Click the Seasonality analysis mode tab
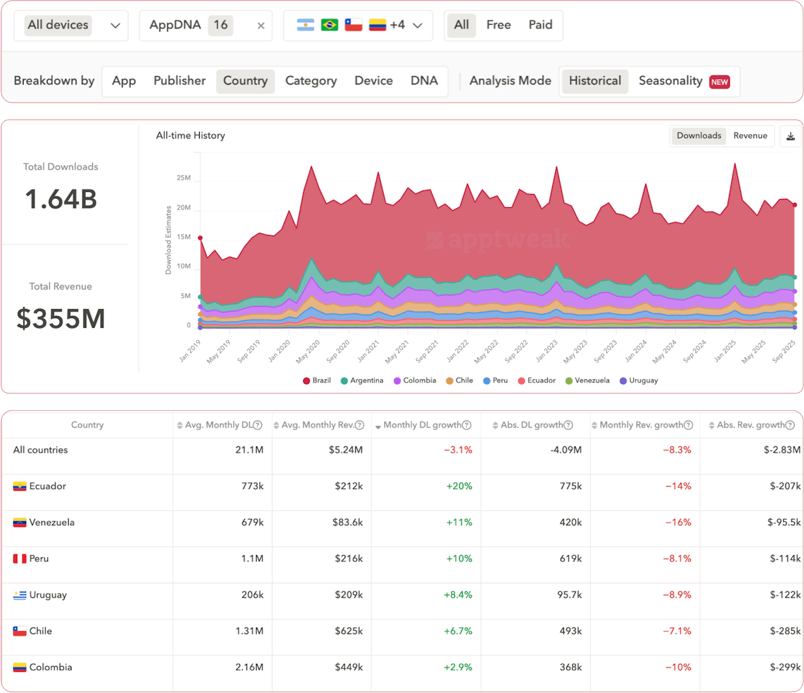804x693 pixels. (670, 81)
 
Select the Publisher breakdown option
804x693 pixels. (180, 81)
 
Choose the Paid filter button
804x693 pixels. (540, 25)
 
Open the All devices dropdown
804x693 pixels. (72, 26)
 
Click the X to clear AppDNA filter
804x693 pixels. (261, 26)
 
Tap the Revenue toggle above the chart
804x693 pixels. (750, 136)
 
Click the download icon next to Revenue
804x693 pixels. (790, 137)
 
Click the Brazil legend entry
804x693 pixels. (317, 380)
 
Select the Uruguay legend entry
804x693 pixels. (639, 380)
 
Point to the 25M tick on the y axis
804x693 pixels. (183, 178)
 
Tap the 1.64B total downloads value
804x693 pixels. (60, 199)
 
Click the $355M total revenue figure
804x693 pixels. (60, 318)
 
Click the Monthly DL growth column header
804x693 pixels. (424, 426)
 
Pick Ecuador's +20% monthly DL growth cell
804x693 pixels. (459, 486)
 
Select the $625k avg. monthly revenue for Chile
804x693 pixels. (347, 631)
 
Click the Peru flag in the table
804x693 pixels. (19, 559)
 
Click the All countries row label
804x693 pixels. (40, 450)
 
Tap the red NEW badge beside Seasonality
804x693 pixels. (719, 82)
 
